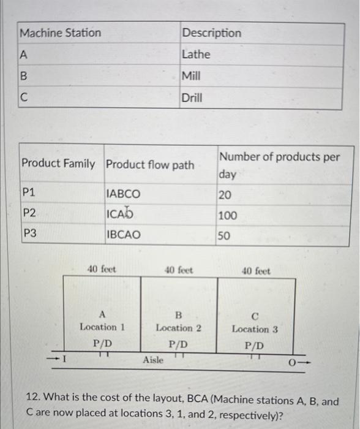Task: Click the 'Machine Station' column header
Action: pos(60,32)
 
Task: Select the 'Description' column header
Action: pos(211,32)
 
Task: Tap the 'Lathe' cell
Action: pos(196,55)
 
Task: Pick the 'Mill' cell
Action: pos(192,76)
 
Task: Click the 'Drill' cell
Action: pos(192,97)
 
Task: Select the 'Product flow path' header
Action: pos(150,164)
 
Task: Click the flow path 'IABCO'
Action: pos(124,194)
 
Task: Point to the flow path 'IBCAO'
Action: pos(124,234)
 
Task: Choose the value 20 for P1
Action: pos(225,194)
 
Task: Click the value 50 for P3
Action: pos(225,235)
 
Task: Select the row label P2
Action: pos(29,213)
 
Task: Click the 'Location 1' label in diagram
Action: pos(102,327)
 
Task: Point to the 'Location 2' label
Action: pos(179,328)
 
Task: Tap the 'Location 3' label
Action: pos(255,329)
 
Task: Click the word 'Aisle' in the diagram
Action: pos(153,360)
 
